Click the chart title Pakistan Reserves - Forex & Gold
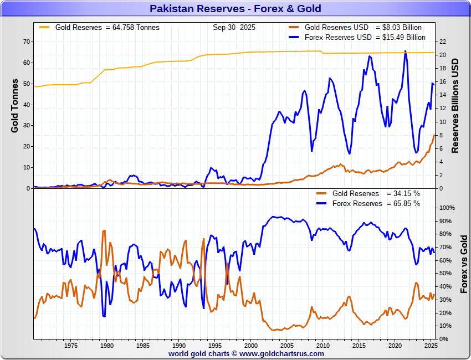(x=235, y=9)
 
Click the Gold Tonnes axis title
(x=15, y=105)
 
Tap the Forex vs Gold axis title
(x=464, y=264)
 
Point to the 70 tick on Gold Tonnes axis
(x=25, y=42)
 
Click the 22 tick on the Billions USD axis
(x=442, y=42)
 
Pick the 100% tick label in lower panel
(x=447, y=208)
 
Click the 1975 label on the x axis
(x=70, y=346)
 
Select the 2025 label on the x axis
(x=431, y=346)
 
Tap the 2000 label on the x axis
(x=250, y=346)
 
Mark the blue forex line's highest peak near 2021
(x=405, y=51)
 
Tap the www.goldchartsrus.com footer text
(x=281, y=353)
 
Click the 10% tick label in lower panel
(x=445, y=326)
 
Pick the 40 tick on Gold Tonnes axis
(x=25, y=104)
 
